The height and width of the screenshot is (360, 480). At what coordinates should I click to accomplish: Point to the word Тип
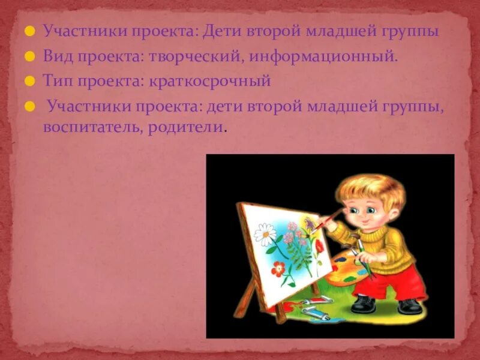point(56,80)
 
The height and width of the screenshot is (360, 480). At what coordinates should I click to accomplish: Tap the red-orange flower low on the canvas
point(277,269)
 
